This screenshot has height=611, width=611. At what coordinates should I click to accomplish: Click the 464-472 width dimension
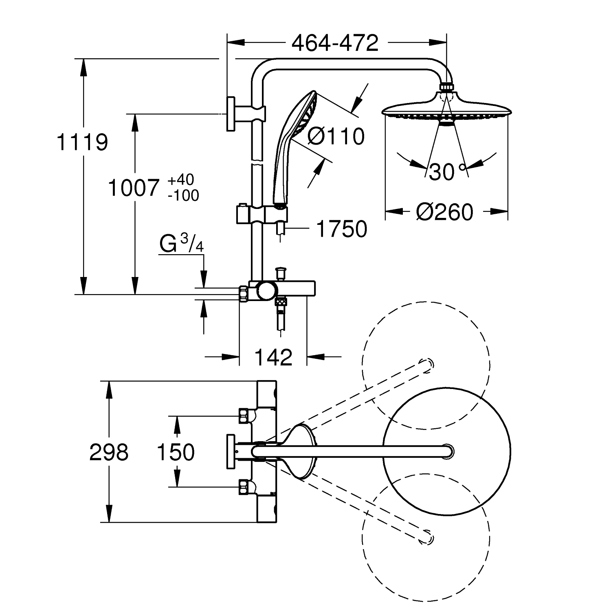(335, 42)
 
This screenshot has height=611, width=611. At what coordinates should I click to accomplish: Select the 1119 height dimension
(82, 142)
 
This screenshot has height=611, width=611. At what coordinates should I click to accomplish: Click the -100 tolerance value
(183, 196)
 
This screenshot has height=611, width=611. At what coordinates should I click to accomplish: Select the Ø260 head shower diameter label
(445, 212)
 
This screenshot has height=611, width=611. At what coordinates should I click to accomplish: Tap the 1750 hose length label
(341, 229)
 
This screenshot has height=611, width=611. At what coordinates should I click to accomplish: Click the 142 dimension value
(273, 357)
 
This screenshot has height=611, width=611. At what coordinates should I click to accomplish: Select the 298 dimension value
(109, 452)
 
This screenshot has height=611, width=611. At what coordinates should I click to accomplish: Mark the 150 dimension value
(176, 452)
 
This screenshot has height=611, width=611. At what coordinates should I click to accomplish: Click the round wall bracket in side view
(231, 114)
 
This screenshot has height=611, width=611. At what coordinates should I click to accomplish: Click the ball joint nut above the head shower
(447, 87)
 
